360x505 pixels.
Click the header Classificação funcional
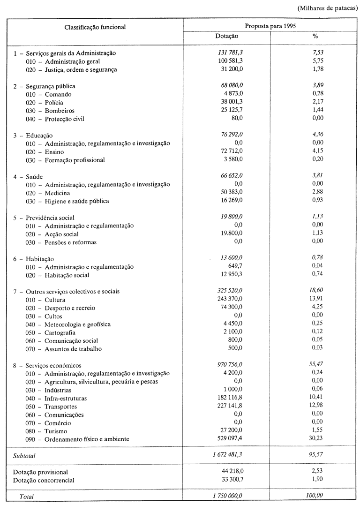(x=95, y=27)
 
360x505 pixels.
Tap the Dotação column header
(x=227, y=36)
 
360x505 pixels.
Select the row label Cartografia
(x=62, y=332)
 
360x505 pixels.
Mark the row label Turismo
(x=56, y=431)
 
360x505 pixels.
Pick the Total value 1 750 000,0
(x=224, y=496)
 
